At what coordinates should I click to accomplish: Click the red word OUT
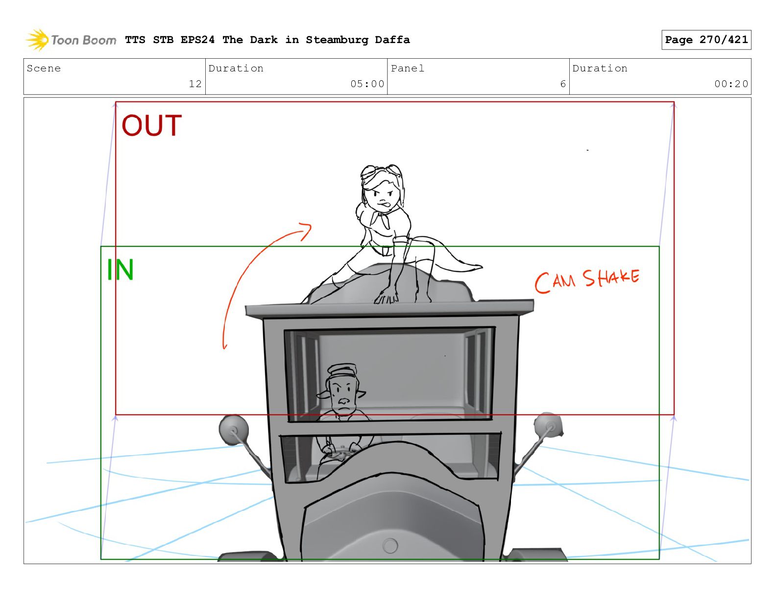point(151,125)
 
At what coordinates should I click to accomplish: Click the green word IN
point(121,269)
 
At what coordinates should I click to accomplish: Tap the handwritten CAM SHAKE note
point(587,281)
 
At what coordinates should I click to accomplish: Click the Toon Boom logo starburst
point(37,40)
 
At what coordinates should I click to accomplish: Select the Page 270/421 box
point(706,40)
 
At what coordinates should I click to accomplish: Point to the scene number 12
point(195,84)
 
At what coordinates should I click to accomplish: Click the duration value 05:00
point(367,84)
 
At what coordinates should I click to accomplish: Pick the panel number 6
point(563,84)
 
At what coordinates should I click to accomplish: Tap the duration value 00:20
point(731,84)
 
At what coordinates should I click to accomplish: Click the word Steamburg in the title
point(337,40)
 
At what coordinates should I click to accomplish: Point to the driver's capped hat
point(342,371)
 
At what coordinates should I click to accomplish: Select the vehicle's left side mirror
point(234,430)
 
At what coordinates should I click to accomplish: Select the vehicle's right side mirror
point(548,425)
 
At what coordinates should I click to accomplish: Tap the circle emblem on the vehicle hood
point(389,546)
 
